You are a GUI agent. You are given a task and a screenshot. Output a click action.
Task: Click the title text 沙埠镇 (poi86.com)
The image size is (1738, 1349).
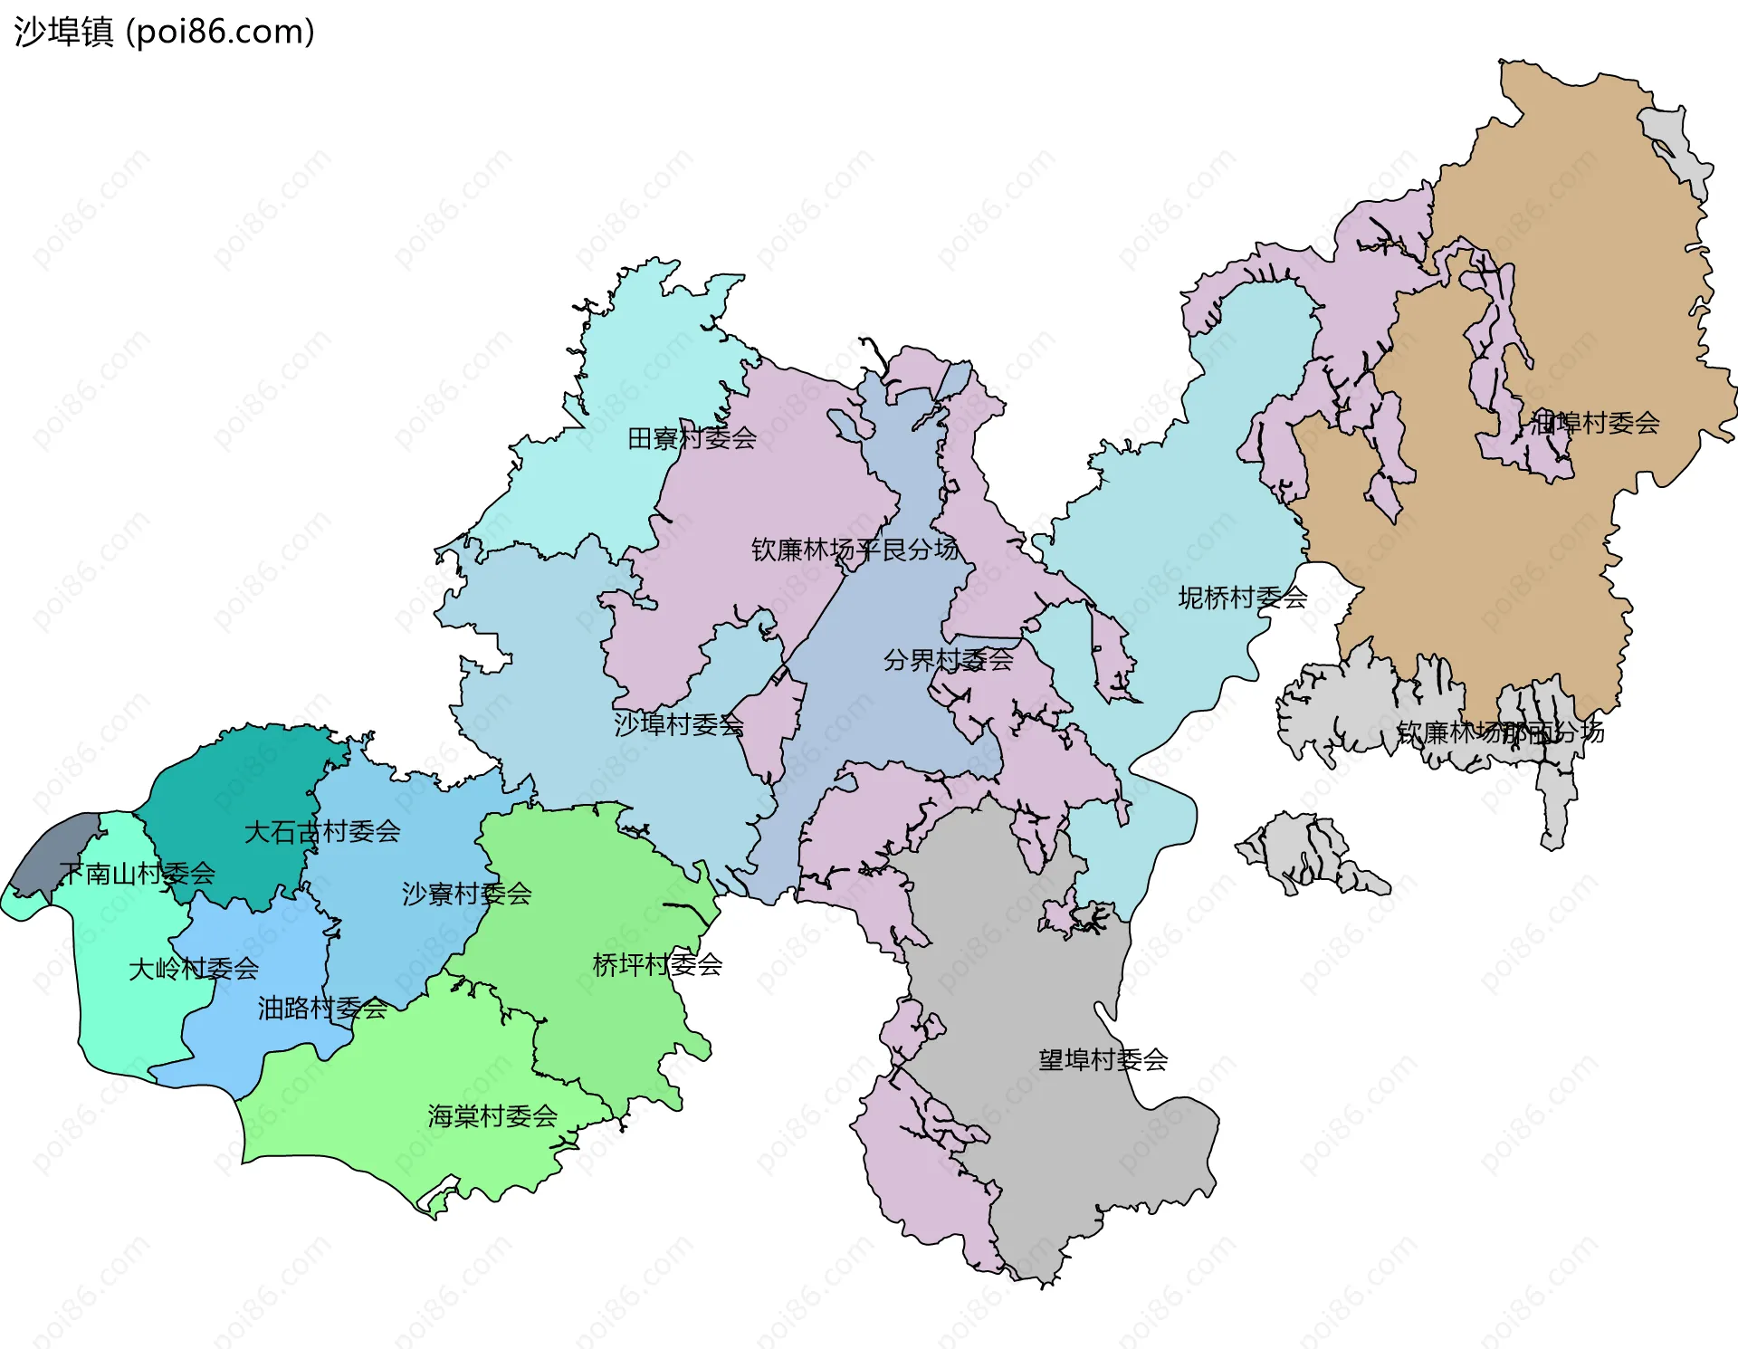coord(164,32)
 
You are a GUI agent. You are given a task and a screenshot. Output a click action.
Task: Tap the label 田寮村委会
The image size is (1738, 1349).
coord(692,439)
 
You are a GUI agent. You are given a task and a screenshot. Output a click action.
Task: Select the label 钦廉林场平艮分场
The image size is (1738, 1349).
coord(855,550)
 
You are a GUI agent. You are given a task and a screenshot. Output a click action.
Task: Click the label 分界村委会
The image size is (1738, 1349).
coord(948,660)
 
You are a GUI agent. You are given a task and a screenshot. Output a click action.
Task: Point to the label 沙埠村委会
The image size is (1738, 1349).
coord(679,724)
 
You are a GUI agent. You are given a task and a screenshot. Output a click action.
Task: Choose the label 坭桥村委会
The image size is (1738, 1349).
coord(1242,598)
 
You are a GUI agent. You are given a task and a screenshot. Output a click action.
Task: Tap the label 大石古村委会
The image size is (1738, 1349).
coord(322,831)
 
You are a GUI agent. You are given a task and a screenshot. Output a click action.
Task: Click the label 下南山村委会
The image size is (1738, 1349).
coord(138,874)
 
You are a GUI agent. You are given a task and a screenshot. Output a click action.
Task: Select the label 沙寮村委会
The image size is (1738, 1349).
coord(466,895)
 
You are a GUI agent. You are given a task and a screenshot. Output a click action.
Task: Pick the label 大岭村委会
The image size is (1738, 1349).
coord(194,970)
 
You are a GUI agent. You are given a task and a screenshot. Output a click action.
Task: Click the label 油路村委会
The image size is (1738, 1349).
coord(322,1008)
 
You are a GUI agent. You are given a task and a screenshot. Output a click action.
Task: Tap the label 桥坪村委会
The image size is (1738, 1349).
coord(657,965)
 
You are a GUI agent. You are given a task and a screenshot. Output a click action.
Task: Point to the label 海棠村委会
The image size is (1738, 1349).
coord(492,1116)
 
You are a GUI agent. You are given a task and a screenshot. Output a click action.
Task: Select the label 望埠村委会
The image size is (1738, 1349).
coord(1103,1060)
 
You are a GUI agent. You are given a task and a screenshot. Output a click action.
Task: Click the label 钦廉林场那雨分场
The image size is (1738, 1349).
coord(1500,732)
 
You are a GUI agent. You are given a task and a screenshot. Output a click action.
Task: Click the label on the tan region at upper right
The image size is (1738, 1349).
coord(1595,423)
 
